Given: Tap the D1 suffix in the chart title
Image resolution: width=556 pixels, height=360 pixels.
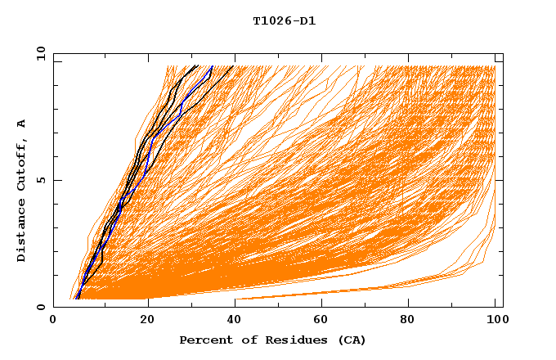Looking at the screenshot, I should [307, 21].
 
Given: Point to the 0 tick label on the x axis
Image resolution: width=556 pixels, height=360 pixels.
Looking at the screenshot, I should [53, 321].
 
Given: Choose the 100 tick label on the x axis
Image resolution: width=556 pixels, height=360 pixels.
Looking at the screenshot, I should [495, 321].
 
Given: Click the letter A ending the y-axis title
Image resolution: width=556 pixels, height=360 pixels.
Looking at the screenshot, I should [22, 124].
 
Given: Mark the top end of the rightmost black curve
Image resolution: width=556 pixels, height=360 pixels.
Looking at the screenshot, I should [233, 66].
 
